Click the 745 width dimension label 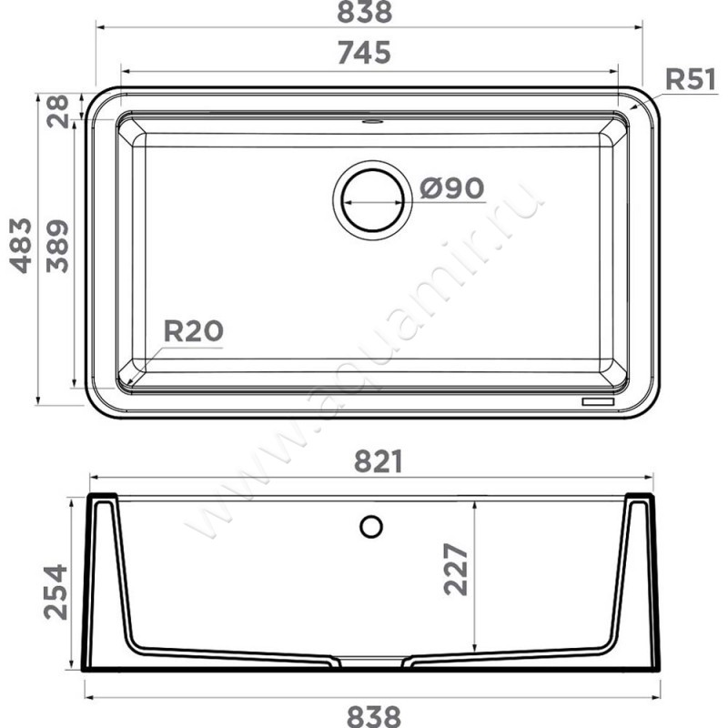(364, 53)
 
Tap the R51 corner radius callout (691, 79)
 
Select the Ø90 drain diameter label (451, 188)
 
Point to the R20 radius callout (194, 331)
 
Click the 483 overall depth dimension (21, 245)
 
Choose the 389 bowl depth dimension (57, 246)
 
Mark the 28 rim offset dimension (57, 111)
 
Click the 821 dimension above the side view (379, 461)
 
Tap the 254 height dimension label (56, 592)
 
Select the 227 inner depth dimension (456, 570)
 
